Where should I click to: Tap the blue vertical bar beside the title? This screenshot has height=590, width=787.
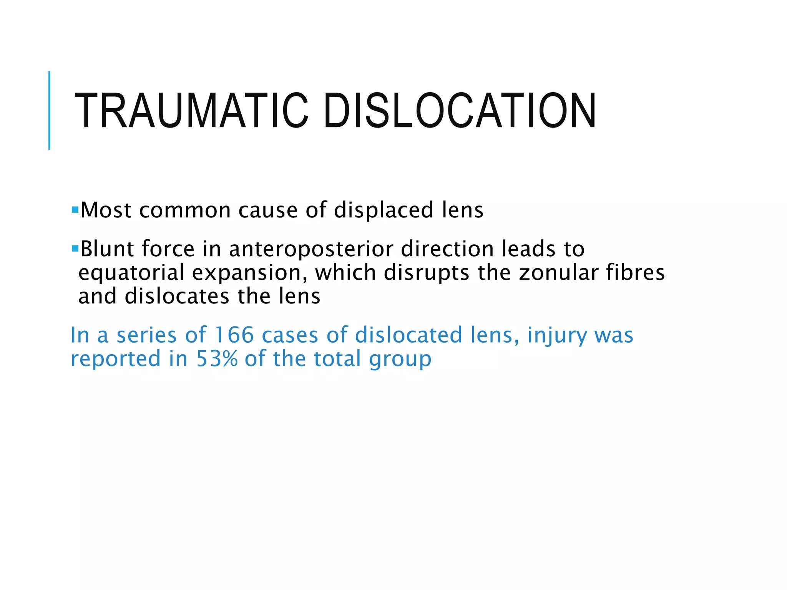[49, 110]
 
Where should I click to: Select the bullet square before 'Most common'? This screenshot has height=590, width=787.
[75, 210]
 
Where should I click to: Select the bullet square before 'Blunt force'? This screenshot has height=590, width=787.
[75, 249]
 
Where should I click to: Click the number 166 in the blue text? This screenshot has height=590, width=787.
[234, 335]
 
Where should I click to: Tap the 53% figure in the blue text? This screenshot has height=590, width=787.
[217, 359]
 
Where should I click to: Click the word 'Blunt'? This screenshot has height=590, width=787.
[107, 249]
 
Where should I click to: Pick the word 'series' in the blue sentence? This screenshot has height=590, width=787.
[146, 335]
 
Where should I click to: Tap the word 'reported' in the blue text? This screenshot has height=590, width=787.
[115, 359]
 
